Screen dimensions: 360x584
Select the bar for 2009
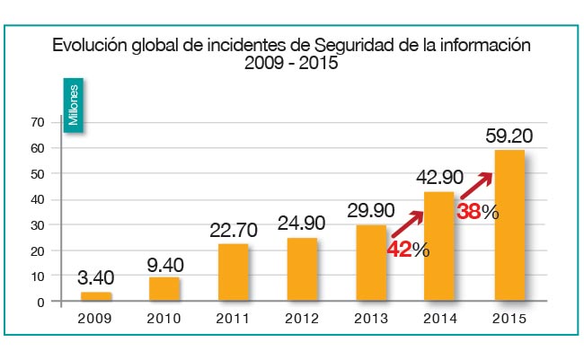click(95, 297)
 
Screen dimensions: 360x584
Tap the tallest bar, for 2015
click(509, 226)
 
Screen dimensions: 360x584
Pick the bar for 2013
click(371, 263)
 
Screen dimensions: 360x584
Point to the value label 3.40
click(95, 278)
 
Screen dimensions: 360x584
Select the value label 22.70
click(233, 231)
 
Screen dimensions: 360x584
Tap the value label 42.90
click(440, 178)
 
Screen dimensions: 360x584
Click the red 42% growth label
click(408, 250)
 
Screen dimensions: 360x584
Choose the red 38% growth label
click(477, 212)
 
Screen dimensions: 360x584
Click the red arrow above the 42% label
click(407, 224)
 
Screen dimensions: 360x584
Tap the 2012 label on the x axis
click(302, 319)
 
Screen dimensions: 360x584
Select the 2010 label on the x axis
click(164, 319)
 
